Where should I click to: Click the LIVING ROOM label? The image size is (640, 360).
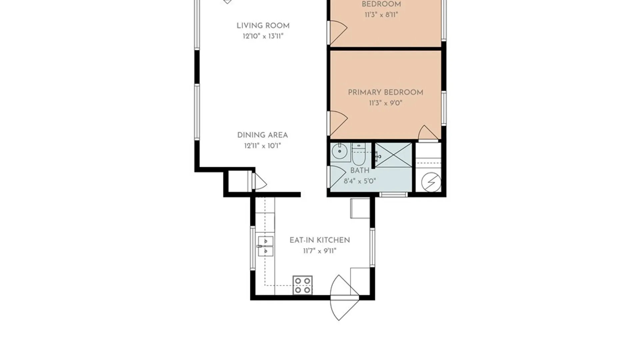pyautogui.click(x=263, y=26)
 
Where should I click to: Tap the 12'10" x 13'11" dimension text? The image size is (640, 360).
pyautogui.click(x=263, y=36)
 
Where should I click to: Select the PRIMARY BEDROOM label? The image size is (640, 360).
pyautogui.click(x=386, y=92)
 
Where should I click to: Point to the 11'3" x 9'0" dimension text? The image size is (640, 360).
pyautogui.click(x=386, y=103)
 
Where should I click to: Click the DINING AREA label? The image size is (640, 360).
pyautogui.click(x=263, y=135)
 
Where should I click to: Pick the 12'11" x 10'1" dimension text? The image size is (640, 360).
pyautogui.click(x=263, y=146)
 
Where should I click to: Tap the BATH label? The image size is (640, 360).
pyautogui.click(x=360, y=170)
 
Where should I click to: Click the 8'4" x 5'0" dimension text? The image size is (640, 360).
pyautogui.click(x=360, y=181)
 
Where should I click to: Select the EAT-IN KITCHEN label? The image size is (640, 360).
pyautogui.click(x=320, y=240)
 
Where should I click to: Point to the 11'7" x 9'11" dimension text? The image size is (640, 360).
pyautogui.click(x=320, y=251)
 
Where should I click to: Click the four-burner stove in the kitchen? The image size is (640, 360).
pyautogui.click(x=303, y=285)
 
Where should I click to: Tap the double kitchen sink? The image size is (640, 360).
pyautogui.click(x=266, y=246)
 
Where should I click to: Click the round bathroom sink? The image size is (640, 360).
pyautogui.click(x=340, y=153)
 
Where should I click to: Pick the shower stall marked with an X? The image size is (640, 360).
pyautogui.click(x=394, y=155)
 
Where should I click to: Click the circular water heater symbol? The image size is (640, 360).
pyautogui.click(x=431, y=182)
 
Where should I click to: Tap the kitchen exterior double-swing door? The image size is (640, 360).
pyautogui.click(x=344, y=298)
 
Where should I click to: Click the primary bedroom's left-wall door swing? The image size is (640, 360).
pyautogui.click(x=338, y=123)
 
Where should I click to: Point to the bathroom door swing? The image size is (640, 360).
pyautogui.click(x=337, y=177)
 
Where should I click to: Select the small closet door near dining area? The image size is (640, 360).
pyautogui.click(x=259, y=181)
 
